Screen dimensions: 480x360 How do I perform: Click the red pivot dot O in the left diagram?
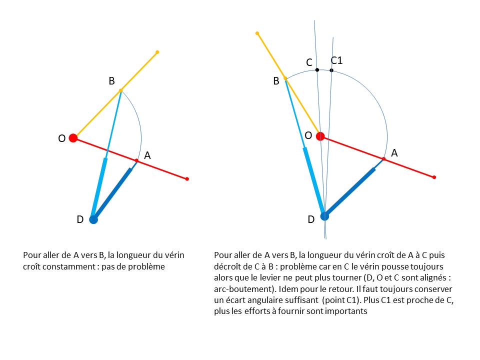tap(73, 138)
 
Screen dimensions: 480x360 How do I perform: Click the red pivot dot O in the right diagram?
tap(320, 136)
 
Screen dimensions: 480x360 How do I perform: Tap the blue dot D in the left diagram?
tap(93, 219)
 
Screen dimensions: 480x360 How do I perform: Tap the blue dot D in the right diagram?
tap(324, 216)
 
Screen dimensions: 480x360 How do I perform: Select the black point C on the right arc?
tap(317, 70)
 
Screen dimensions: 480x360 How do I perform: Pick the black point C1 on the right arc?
tap(331, 70)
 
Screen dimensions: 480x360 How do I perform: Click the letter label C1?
tap(336, 60)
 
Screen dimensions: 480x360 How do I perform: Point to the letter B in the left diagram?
tap(111, 80)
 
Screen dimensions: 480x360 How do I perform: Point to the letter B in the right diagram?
tap(276, 81)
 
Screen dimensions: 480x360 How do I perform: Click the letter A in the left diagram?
tap(147, 155)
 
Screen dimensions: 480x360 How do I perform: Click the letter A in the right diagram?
tap(394, 153)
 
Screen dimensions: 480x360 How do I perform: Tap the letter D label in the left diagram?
tap(80, 219)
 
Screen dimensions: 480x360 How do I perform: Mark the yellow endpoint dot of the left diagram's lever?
tap(157, 52)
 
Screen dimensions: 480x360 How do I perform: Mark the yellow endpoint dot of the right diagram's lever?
tap(257, 33)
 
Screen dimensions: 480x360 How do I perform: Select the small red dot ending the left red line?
tap(187, 178)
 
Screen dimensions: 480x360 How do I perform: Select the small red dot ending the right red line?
tap(434, 177)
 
